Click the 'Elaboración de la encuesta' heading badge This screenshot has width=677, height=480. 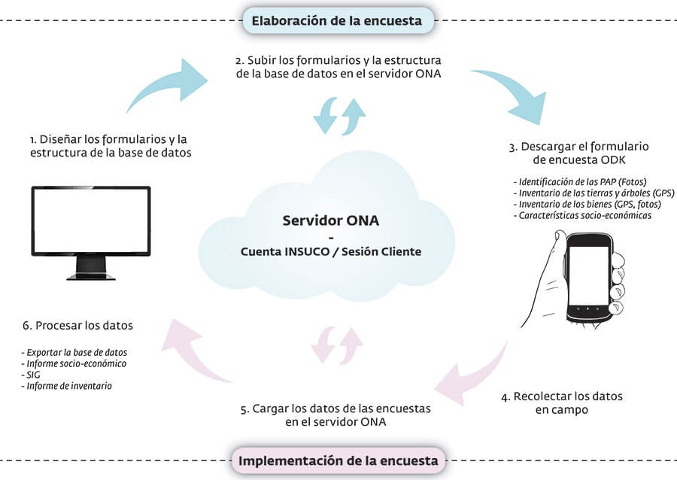point(338,21)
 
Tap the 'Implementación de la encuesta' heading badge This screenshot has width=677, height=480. point(338,460)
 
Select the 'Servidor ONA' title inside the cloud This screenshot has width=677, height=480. point(331,220)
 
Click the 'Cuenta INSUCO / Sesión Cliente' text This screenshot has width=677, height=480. point(331,251)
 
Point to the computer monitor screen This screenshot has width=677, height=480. point(91,220)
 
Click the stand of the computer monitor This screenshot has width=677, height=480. point(91,269)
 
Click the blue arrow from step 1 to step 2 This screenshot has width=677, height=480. point(168,84)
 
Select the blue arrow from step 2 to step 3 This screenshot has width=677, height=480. point(514,93)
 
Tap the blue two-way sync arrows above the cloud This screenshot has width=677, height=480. point(339,116)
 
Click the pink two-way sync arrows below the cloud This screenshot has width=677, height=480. point(337,345)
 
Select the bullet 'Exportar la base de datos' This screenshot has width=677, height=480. point(74,352)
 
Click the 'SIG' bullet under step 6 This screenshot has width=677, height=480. point(31,375)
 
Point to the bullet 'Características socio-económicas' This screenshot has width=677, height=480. point(582,215)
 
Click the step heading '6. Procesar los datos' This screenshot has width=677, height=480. point(77,326)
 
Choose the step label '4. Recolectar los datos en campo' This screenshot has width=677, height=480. point(562,403)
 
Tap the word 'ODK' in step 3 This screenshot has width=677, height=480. point(613,159)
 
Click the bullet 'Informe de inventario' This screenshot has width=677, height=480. point(66,386)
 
